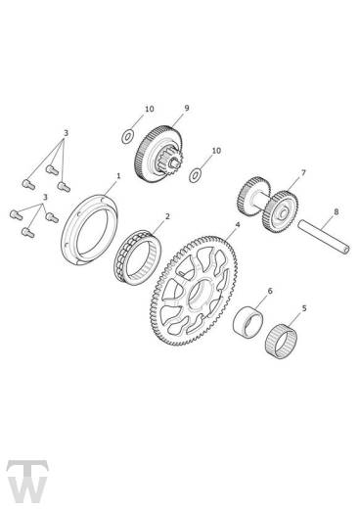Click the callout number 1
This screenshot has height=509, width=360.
point(118,176)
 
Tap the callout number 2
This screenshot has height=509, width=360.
point(167,216)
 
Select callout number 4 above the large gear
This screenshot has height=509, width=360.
point(238,224)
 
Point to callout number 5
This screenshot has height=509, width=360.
point(304,308)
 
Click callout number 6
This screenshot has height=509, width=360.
point(270,291)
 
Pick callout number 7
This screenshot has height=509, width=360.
point(303,172)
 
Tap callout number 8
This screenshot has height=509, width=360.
point(337,211)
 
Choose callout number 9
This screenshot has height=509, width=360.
point(187,108)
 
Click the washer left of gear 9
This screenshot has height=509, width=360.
point(128,136)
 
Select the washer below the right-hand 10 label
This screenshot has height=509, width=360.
point(195,175)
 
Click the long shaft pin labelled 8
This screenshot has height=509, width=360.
point(324,237)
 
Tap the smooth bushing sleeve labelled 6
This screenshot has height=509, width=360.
point(248,322)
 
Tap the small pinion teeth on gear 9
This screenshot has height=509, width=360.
point(174,161)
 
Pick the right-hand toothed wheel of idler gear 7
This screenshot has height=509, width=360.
point(281,212)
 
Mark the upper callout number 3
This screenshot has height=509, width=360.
point(66,133)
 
